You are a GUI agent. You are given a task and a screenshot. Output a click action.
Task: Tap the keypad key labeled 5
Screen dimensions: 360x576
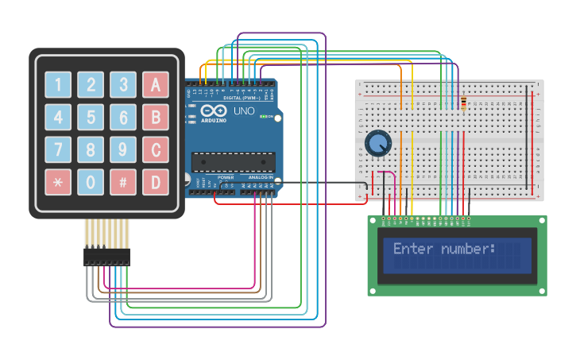[x=91, y=117]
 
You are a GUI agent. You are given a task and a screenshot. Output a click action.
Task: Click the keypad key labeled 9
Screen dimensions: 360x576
[x=123, y=149]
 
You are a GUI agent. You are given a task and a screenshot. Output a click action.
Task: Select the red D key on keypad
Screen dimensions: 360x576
[x=156, y=182]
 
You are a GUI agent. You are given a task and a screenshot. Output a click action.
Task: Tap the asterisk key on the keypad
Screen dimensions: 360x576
[x=58, y=182]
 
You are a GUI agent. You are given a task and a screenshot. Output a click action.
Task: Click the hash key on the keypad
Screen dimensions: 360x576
[x=123, y=182]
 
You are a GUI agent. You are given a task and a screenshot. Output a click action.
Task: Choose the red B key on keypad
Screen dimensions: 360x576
[x=156, y=117]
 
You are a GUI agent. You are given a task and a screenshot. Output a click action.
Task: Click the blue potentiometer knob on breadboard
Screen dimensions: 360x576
[x=378, y=144]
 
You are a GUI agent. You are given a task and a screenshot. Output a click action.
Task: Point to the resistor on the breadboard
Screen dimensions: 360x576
[x=464, y=103]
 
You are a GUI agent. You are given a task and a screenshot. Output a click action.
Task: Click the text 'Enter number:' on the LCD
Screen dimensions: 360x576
[x=444, y=249]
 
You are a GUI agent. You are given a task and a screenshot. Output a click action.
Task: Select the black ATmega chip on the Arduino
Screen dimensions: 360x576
[x=234, y=162]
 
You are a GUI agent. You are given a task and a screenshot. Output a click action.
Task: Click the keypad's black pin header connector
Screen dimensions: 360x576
[x=106, y=256]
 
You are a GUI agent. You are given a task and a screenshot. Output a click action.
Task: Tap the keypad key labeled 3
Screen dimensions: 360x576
[x=123, y=84]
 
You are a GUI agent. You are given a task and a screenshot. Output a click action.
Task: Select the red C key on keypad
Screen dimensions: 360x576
[x=156, y=149]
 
